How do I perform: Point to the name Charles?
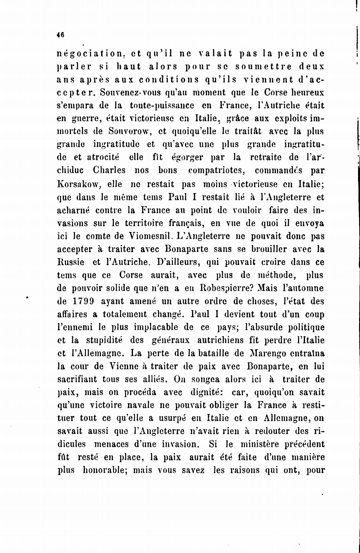coord(109,171)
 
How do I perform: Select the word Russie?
coord(70,262)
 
